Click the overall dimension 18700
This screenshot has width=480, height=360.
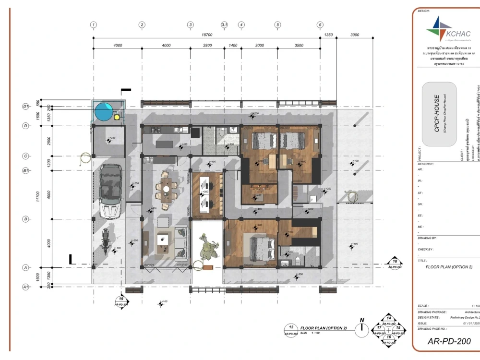click(207, 35)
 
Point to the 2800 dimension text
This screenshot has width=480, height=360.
click(207, 45)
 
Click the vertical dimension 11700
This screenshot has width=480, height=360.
click(38, 196)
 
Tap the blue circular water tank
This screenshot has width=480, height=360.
click(104, 112)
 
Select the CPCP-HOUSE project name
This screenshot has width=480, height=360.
click(437, 113)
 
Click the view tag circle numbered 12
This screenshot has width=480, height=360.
click(291, 330)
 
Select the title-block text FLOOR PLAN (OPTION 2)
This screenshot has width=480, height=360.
click(449, 267)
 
